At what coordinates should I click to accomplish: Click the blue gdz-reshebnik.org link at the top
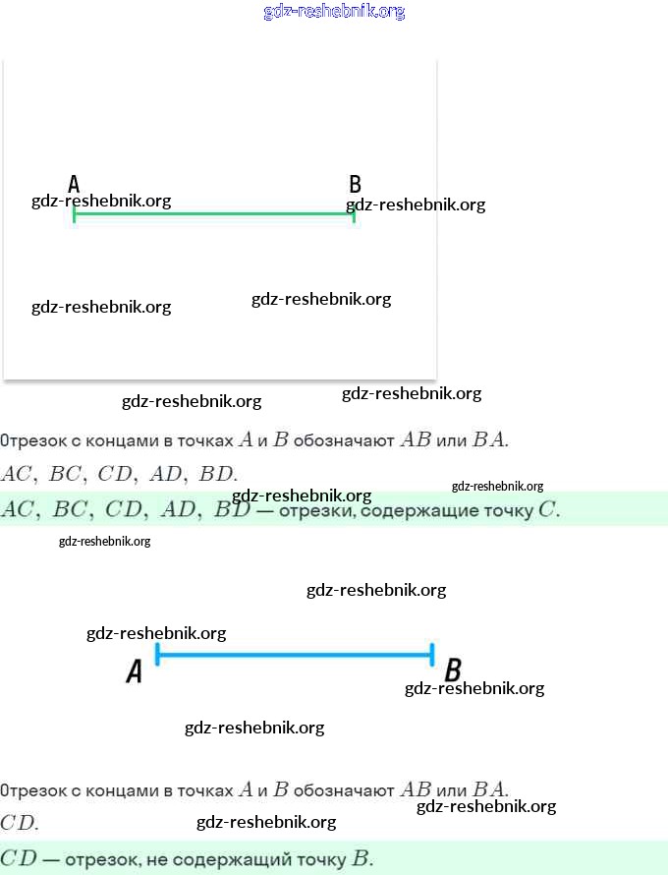pyautogui.click(x=334, y=11)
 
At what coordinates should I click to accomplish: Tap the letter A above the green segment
pyautogui.click(x=74, y=184)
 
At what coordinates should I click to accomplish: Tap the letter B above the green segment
pyautogui.click(x=356, y=184)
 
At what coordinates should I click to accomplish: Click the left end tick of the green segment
pyautogui.click(x=74, y=214)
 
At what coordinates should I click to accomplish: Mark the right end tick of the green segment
pyautogui.click(x=354, y=214)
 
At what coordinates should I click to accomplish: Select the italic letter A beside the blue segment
pyautogui.click(x=135, y=671)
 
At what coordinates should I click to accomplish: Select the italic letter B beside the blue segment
pyautogui.click(x=453, y=670)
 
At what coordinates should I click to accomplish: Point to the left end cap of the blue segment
pyautogui.click(x=157, y=654)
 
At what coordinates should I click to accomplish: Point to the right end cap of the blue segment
pyautogui.click(x=432, y=654)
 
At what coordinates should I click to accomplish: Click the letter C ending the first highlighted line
pyautogui.click(x=547, y=509)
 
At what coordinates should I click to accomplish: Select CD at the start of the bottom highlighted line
pyautogui.click(x=19, y=857)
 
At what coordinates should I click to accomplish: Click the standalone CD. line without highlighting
pyautogui.click(x=19, y=823)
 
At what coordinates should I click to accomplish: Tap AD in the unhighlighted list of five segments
pyautogui.click(x=165, y=474)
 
